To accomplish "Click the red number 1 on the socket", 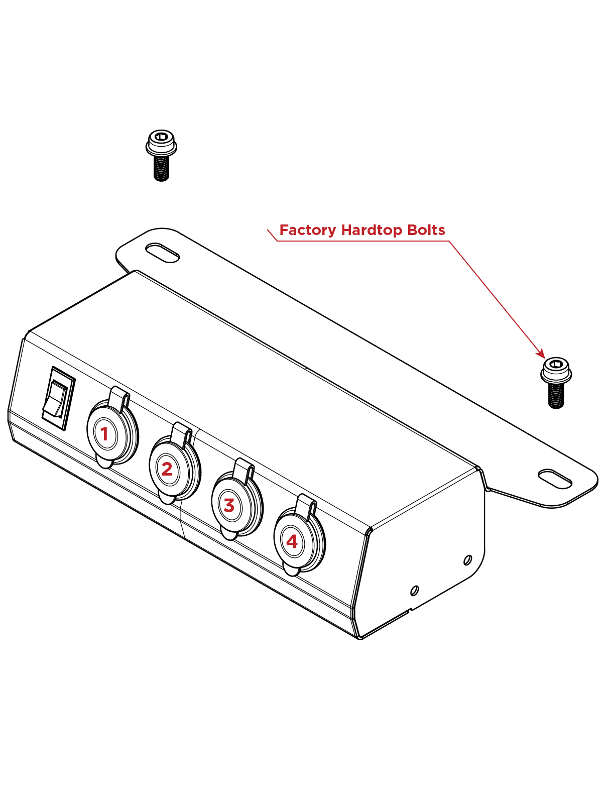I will click(x=104, y=434).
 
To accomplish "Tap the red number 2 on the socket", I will click(x=167, y=469).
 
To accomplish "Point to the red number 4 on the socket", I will click(x=292, y=541).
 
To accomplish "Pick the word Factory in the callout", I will click(x=307, y=230).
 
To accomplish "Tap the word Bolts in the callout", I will click(x=426, y=230).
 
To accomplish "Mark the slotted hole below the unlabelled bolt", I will click(x=162, y=253).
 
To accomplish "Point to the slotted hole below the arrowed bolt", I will click(x=555, y=479).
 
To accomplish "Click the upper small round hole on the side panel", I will click(x=467, y=559).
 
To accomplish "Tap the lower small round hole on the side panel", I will click(x=414, y=590).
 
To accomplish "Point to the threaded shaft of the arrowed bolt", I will click(x=556, y=396).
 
